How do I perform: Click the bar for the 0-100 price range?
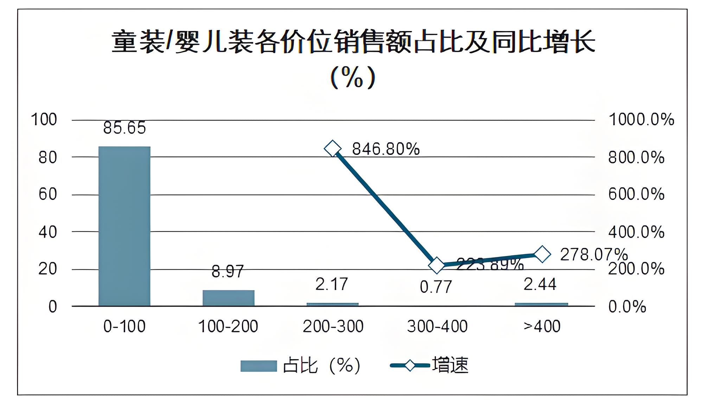pos(124,226)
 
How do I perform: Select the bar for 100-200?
pos(228,298)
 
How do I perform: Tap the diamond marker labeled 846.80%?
pos(333,148)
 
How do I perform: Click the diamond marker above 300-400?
pos(437,265)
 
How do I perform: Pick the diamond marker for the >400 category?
pos(542,254)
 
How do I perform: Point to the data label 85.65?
pos(124,128)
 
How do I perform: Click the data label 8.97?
pos(228,272)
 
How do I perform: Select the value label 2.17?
pos(332,284)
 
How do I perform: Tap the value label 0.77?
pos(436,287)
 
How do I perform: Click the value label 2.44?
pos(540,284)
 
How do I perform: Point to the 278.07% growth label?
pos(594,255)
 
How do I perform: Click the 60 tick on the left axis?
pos(48,194)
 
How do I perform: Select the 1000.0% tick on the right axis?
pos(641,120)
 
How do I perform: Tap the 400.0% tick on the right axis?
pos(636,232)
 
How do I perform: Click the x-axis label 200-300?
pos(333,327)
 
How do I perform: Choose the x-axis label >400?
pos(542,327)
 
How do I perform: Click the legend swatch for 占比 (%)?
pos(258,366)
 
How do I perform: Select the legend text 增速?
pos(450,365)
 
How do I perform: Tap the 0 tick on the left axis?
pos(53,307)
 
